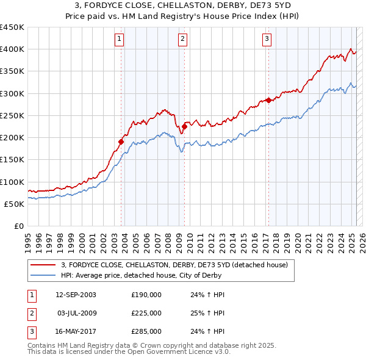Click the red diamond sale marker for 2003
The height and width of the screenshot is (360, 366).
tap(121, 142)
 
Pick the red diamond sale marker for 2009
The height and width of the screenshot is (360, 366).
tap(184, 126)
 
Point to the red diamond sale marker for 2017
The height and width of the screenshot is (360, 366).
tap(268, 100)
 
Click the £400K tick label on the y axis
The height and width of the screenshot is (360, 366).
tap(12, 49)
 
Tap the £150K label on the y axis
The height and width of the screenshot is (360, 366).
tap(12, 160)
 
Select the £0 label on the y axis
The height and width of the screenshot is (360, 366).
tap(18, 226)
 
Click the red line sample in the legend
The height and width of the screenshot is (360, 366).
tap(43, 265)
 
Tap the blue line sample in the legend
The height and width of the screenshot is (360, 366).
tap(43, 275)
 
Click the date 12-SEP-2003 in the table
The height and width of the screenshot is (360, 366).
tap(76, 295)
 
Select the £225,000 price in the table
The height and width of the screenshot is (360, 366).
tap(146, 313)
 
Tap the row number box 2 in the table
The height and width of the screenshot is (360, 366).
tap(31, 313)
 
